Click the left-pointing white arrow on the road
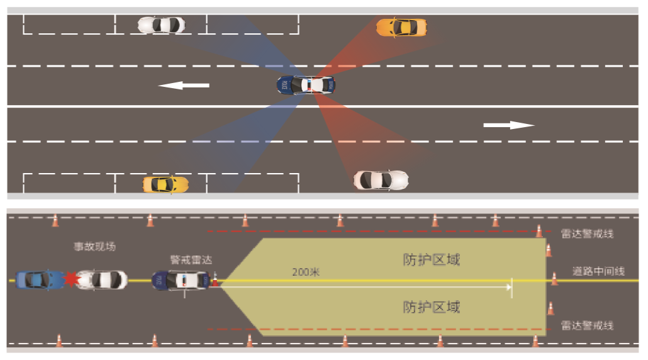[183, 85]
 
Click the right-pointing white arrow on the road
[508, 125]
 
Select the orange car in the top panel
[401, 28]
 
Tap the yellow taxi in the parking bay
[165, 184]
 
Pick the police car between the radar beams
[306, 85]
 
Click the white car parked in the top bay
[162, 25]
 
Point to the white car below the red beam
[381, 180]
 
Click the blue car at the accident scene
[38, 279]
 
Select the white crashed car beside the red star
[101, 279]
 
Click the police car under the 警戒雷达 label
[181, 281]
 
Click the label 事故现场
[94, 247]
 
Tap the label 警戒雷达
[191, 259]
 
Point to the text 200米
[306, 272]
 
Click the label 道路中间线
[598, 271]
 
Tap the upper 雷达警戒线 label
[587, 233]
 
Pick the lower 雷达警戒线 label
[587, 325]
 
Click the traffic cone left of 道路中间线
[554, 278]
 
